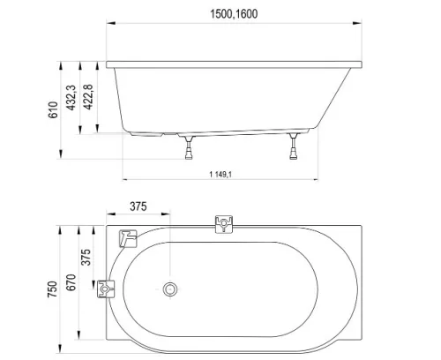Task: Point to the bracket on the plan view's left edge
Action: pyautogui.click(x=108, y=289)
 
